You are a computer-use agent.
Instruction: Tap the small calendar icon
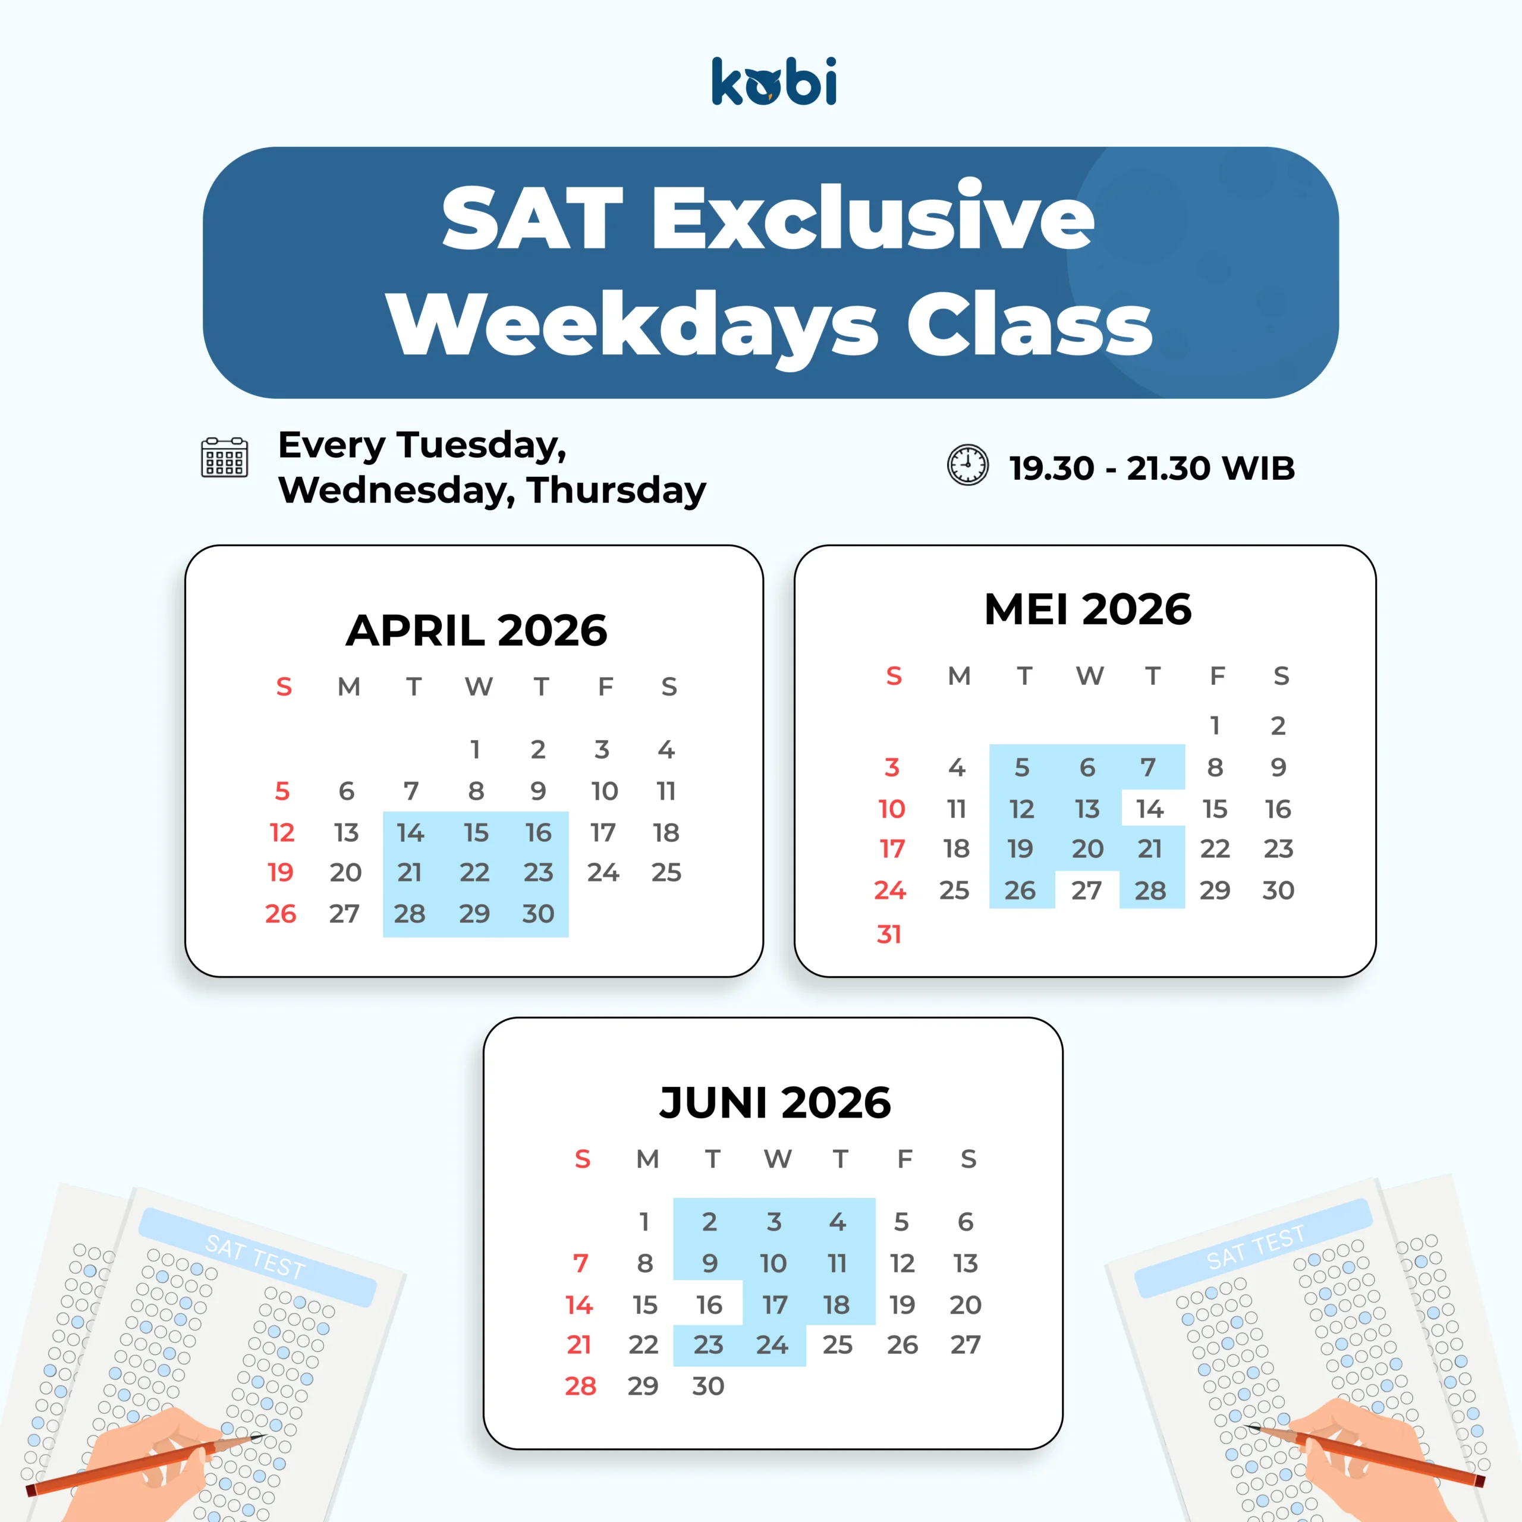pyautogui.click(x=225, y=457)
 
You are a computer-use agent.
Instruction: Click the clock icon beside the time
pyautogui.click(x=967, y=465)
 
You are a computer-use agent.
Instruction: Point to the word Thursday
pyautogui.click(x=617, y=490)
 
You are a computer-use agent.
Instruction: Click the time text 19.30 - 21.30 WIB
pyautogui.click(x=1152, y=468)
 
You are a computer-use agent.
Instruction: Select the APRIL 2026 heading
pyautogui.click(x=477, y=630)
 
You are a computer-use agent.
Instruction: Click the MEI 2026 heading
pyautogui.click(x=1088, y=609)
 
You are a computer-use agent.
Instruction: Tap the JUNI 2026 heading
pyautogui.click(x=775, y=1102)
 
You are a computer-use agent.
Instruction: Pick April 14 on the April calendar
pyautogui.click(x=410, y=833)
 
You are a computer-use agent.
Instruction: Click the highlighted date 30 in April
pyautogui.click(x=539, y=914)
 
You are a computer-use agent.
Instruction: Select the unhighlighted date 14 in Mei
pyautogui.click(x=1150, y=809)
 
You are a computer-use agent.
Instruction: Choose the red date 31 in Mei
pyautogui.click(x=889, y=935)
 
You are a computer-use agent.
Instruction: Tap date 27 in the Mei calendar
pyautogui.click(x=1086, y=890)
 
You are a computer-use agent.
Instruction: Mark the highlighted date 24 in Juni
pyautogui.click(x=772, y=1345)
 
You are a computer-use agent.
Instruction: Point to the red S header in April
pyautogui.click(x=284, y=687)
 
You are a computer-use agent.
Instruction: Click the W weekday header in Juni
pyautogui.click(x=778, y=1159)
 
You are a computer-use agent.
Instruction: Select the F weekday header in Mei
pyautogui.click(x=1217, y=676)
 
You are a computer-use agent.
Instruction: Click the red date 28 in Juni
pyautogui.click(x=581, y=1386)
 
